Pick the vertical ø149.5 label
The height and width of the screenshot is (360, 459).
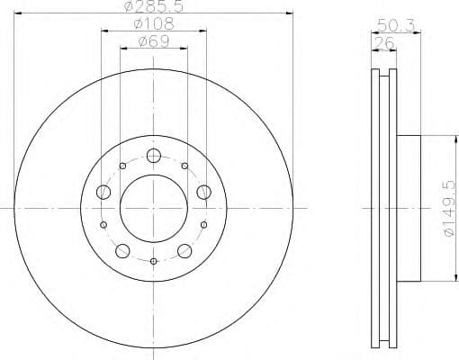pos(450,208)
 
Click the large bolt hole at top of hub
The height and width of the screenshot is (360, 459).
pos(153,157)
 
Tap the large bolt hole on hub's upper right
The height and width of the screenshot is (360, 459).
pos(203,192)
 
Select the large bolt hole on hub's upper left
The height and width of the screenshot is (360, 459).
pos(103,192)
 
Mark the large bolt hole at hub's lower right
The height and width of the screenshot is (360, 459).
pos(184,251)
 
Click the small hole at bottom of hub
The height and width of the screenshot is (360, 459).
pos(153,262)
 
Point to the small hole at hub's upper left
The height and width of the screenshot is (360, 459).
pos(122,166)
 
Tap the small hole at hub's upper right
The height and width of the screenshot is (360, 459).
pos(184,166)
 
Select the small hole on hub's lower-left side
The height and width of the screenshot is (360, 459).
pos(103,224)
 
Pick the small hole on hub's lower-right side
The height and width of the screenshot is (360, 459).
pos(203,224)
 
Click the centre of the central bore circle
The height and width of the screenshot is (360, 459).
pos(153,208)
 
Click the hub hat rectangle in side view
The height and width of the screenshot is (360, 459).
pos(408,208)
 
